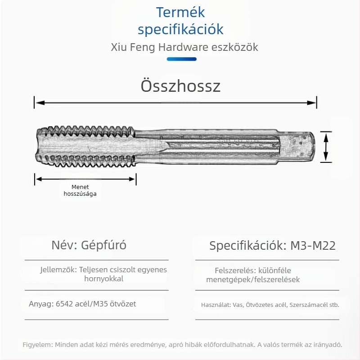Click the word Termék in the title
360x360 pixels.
pyautogui.click(x=180, y=13)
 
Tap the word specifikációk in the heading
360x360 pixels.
pyautogui.click(x=180, y=30)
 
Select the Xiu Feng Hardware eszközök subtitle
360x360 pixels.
pyautogui.click(x=184, y=47)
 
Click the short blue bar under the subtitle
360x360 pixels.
pyautogui.click(x=181, y=59)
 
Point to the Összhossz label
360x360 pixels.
pyautogui.click(x=180, y=85)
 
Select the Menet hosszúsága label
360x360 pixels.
pyautogui.click(x=80, y=190)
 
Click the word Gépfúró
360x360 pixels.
pyautogui.click(x=104, y=245)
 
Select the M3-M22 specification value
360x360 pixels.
pyautogui.click(x=313, y=246)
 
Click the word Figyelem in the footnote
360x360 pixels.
pyautogui.click(x=38, y=345)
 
